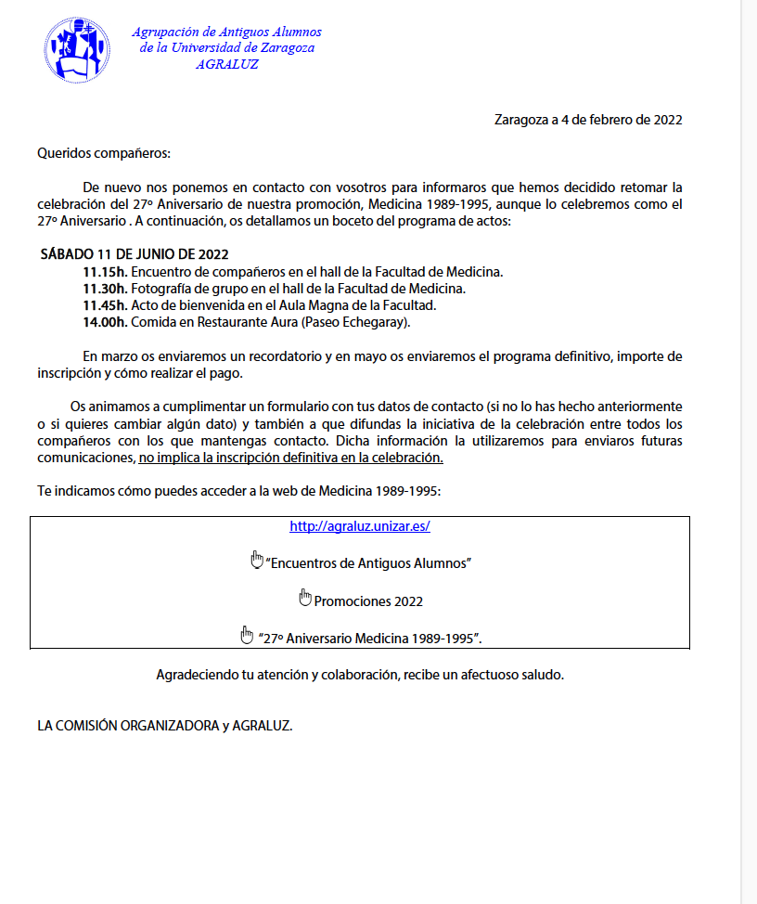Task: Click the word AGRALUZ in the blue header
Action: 227,65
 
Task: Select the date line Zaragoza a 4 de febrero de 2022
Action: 588,120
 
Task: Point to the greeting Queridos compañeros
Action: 104,153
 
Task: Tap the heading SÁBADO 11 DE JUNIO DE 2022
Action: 135,254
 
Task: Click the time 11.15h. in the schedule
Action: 105,272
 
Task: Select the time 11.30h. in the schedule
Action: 105,289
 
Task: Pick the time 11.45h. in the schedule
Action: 105,305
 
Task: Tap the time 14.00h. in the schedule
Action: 105,322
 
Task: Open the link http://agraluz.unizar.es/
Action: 360,526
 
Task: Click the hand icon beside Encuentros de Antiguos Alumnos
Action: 257,560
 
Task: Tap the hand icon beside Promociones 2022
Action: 305,598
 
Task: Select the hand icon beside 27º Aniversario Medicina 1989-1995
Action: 247,635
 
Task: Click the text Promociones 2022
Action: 368,601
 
